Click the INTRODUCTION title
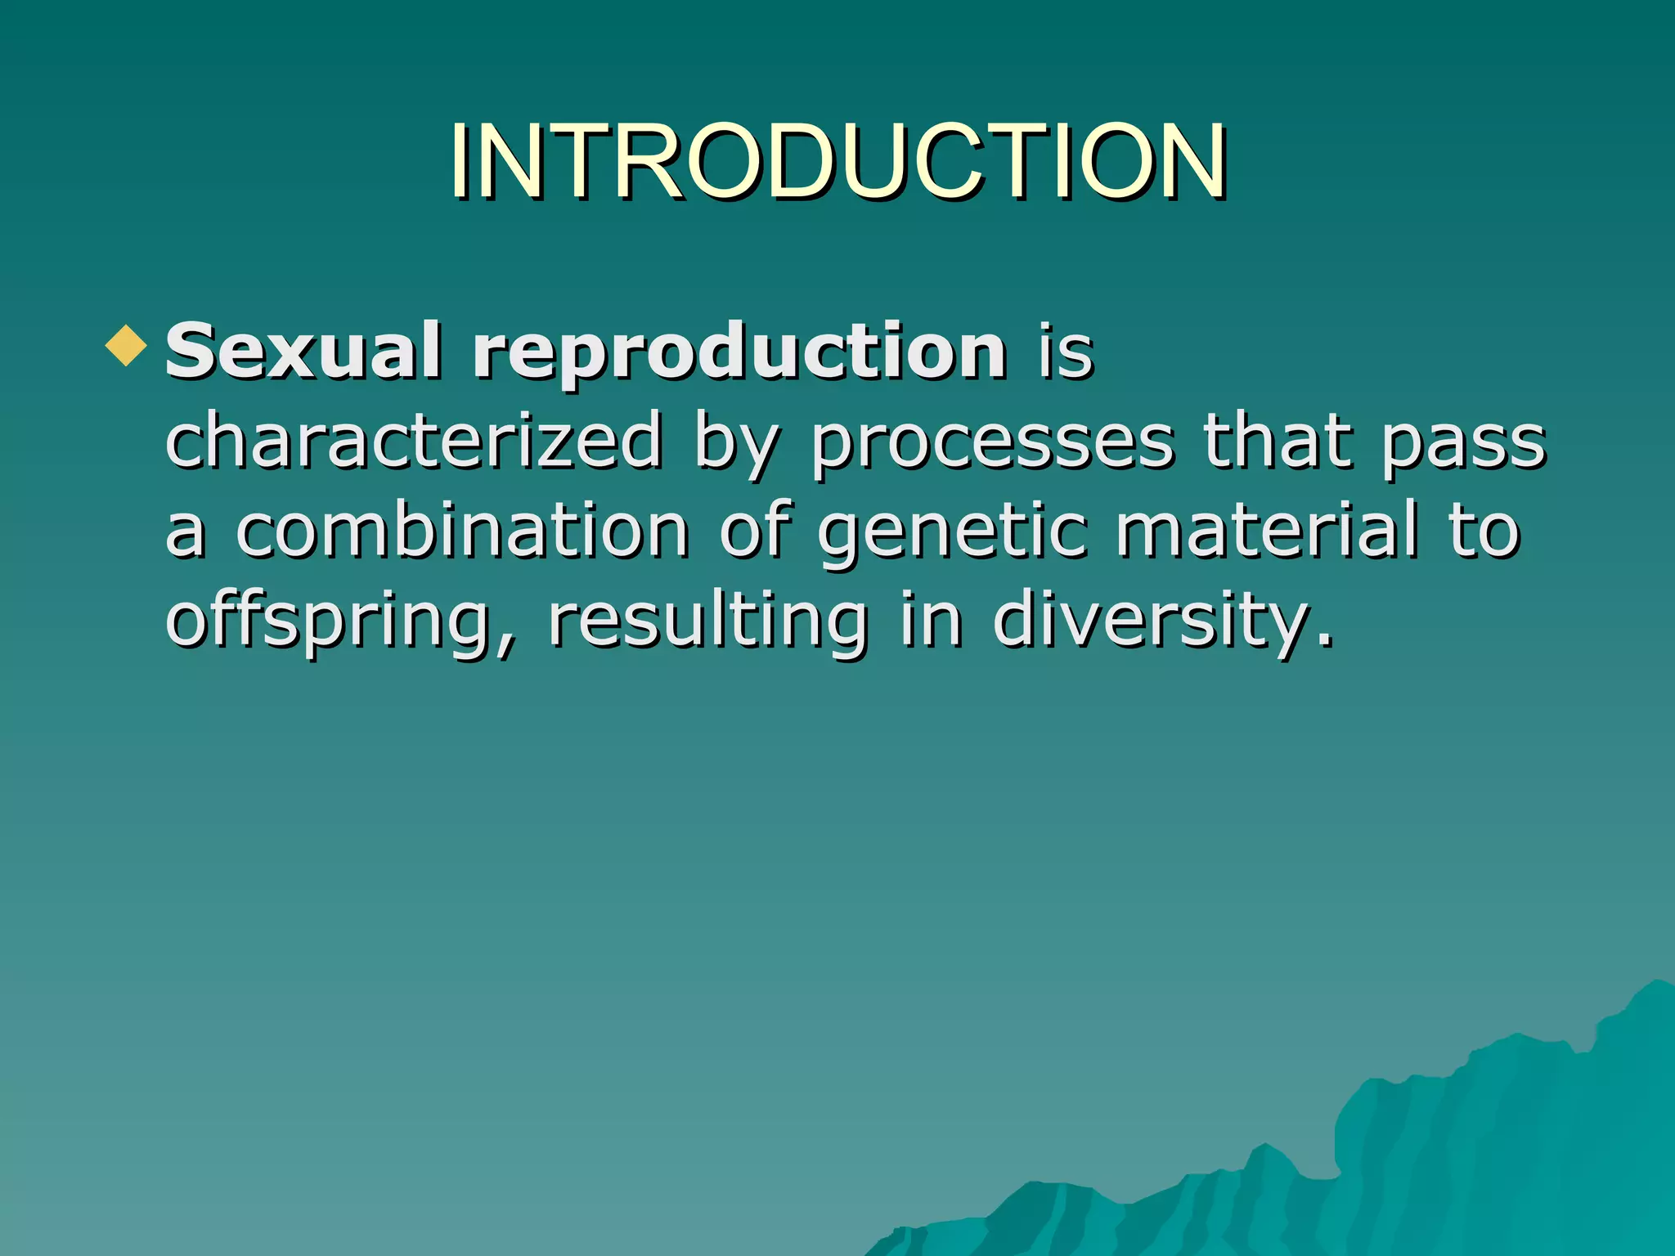click(837, 161)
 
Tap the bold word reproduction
click(739, 353)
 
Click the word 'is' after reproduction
click(1065, 353)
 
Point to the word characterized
click(413, 442)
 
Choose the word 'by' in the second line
click(734, 446)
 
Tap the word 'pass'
click(1463, 446)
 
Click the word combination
click(462, 531)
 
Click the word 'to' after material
click(1484, 532)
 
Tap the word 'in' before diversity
click(931, 621)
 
